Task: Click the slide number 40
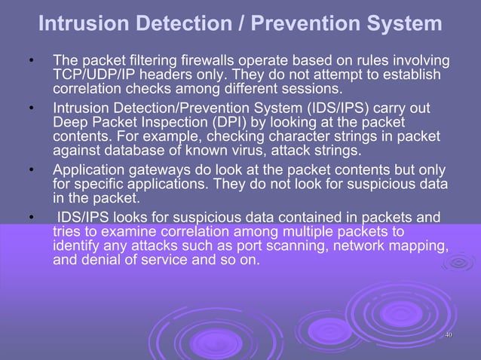pos(448,335)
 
